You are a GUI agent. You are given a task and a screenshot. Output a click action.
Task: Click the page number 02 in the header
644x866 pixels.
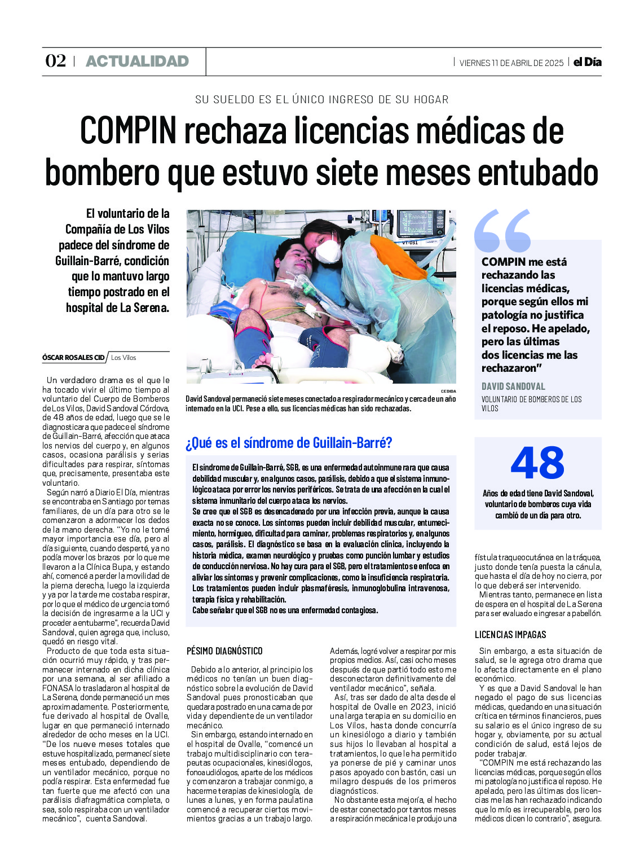pos(55,61)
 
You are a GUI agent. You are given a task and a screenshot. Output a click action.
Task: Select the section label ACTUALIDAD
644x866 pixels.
pos(137,61)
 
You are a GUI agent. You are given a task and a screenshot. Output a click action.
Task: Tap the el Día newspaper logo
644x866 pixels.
pos(588,62)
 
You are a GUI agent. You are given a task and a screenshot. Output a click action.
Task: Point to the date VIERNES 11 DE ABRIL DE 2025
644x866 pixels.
pos(511,63)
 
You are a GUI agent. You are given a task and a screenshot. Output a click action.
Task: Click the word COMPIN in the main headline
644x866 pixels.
pos(129,130)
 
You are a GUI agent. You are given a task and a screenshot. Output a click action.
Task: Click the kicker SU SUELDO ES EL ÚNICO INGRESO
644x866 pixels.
pos(321,100)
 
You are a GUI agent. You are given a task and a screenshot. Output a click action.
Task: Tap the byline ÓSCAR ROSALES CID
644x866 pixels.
pos(73,358)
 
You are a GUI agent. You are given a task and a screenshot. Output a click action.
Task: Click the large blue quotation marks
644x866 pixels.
pos(502,230)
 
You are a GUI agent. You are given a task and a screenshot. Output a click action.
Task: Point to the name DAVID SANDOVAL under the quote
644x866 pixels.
pos(513,386)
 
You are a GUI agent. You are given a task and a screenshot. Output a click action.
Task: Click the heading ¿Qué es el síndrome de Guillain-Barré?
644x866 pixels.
pos(289,443)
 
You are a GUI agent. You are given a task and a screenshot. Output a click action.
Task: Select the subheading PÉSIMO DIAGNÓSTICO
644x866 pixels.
pos(224,651)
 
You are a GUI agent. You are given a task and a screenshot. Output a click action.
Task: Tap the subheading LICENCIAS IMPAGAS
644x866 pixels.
pos(510,635)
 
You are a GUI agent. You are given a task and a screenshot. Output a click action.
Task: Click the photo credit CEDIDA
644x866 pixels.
pos(448,391)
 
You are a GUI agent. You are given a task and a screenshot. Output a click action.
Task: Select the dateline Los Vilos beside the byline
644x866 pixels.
pos(123,358)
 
